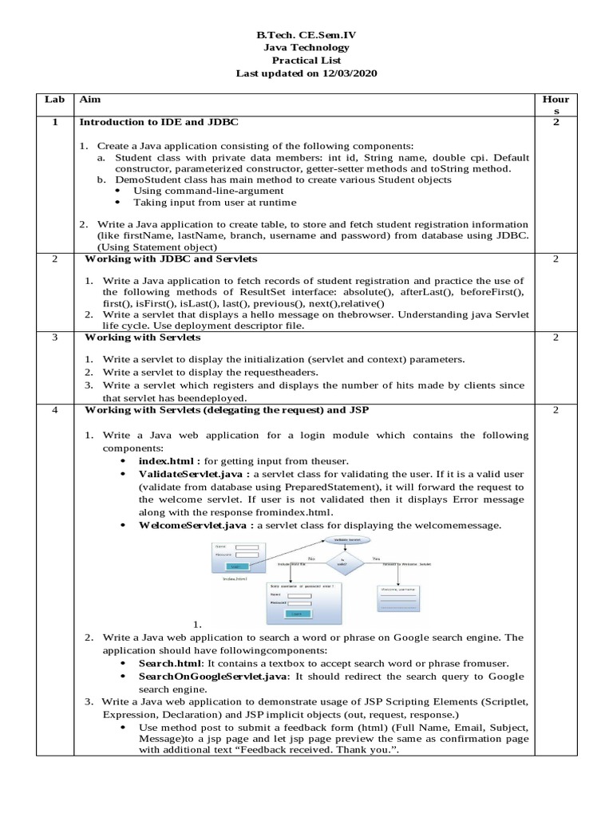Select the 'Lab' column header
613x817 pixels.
(x=53, y=100)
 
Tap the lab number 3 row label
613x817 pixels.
(x=53, y=337)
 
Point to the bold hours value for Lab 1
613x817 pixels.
(x=556, y=122)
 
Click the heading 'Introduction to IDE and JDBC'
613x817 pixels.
(x=158, y=122)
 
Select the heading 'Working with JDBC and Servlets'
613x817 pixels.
(x=171, y=259)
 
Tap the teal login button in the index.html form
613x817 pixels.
(x=235, y=566)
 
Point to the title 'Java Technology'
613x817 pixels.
(x=306, y=48)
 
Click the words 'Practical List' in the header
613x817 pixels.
(x=306, y=60)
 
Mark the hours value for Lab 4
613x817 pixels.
(x=556, y=409)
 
